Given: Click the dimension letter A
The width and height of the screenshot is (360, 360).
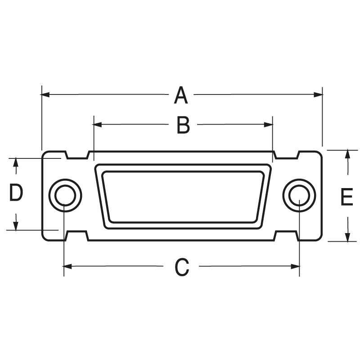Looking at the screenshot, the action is coord(181,95).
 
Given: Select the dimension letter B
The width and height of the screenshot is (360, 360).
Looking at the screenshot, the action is coord(183,125).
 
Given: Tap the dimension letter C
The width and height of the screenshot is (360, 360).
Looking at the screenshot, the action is coord(182,267).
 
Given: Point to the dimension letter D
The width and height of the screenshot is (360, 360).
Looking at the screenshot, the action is coord(16,193).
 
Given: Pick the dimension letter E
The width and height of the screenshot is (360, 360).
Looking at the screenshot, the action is coord(346,197).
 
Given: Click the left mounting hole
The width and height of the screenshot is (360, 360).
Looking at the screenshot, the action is coord(65,195).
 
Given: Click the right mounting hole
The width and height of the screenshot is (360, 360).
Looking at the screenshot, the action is coord(299,195).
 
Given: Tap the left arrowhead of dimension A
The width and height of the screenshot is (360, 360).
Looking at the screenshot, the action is coord(45,94).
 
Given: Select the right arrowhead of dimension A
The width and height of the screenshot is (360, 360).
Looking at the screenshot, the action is coord(319,94).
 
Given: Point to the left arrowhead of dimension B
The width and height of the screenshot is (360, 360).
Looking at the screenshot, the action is coord(97,125).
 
